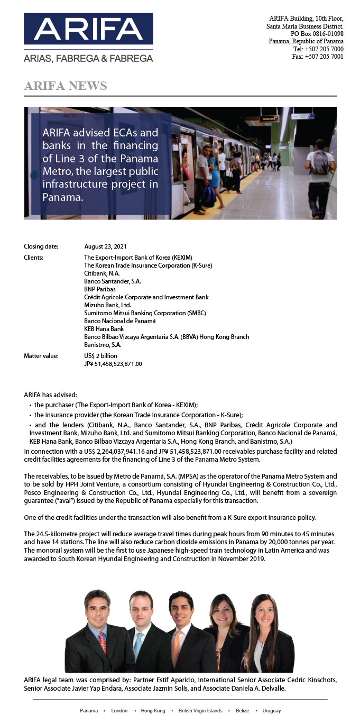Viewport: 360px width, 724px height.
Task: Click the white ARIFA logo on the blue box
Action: (88, 29)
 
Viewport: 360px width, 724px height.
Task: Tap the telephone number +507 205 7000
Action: (324, 49)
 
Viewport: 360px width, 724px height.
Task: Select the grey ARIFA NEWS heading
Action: (66, 86)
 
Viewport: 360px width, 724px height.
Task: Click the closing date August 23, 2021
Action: (106, 246)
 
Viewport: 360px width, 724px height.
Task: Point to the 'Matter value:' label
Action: (41, 356)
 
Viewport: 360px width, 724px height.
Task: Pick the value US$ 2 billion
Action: (101, 356)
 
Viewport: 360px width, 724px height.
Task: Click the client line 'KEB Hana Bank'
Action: (104, 329)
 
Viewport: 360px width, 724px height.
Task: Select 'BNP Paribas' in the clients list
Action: (100, 289)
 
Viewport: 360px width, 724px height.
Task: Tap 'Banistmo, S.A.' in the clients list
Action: (103, 345)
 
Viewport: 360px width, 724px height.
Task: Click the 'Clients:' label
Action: (34, 258)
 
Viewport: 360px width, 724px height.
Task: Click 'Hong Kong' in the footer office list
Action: (153, 711)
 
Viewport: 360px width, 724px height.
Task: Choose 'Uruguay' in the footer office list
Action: (271, 711)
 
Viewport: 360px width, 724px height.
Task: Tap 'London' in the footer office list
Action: (119, 711)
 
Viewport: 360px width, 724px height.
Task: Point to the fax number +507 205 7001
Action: (324, 57)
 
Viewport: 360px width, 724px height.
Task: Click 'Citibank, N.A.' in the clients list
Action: (102, 273)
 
